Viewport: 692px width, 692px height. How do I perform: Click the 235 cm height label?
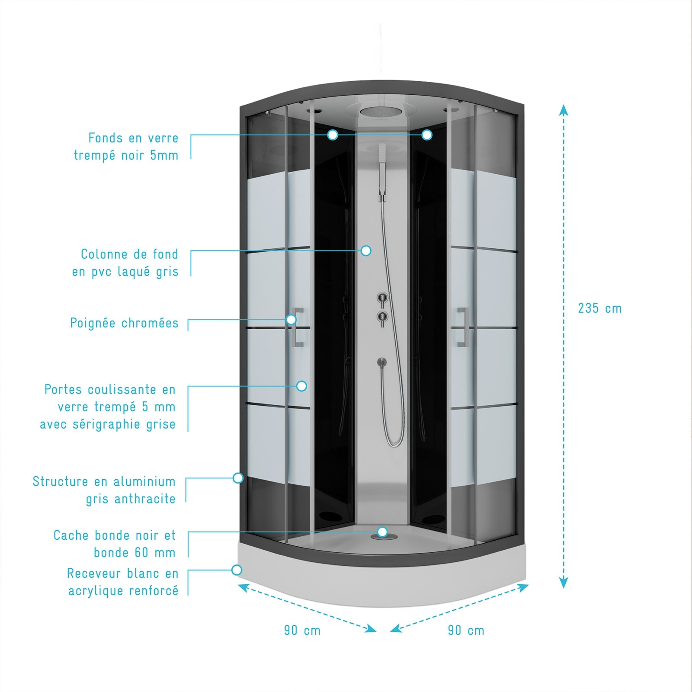(x=600, y=308)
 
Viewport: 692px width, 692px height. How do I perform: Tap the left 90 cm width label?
(x=302, y=630)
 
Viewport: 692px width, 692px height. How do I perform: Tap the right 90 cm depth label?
(x=466, y=630)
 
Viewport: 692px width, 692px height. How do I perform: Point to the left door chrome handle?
(x=298, y=327)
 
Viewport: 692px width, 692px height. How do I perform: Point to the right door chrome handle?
(x=463, y=327)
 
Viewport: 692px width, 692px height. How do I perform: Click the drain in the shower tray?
(x=382, y=536)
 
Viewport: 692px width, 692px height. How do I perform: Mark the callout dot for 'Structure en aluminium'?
(x=238, y=478)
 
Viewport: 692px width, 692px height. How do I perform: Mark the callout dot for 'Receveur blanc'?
(x=237, y=570)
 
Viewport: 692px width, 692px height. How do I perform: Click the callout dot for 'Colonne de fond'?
(x=366, y=250)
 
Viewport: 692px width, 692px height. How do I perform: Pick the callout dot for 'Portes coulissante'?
(x=301, y=386)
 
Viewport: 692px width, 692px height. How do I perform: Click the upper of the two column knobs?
(x=382, y=298)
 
